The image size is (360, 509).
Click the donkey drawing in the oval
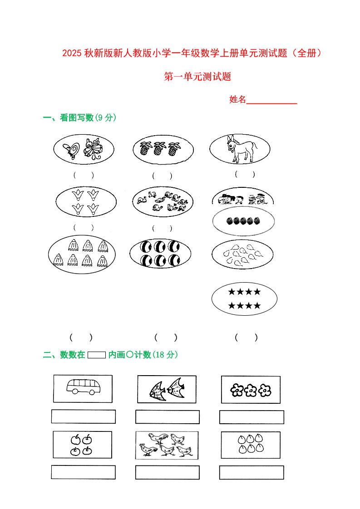pos(241,149)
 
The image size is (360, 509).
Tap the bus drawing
pos(83,387)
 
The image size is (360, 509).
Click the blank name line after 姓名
pos(271,100)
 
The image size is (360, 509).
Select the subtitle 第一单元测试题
pos(197,77)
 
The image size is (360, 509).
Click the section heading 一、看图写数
pos(68,118)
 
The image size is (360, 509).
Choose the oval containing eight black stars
pos(244,299)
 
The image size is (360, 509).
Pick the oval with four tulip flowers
pos(86,202)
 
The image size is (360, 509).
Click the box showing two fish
pos(167,389)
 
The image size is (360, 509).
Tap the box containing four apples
pos(82,445)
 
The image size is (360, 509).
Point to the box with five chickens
pos(167,445)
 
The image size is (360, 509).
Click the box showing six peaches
pos(251,444)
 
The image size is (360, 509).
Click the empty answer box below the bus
pos(83,416)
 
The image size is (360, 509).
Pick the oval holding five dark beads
pos(243,221)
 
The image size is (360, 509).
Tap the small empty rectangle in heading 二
pos(96,355)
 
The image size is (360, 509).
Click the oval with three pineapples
pos(163,149)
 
